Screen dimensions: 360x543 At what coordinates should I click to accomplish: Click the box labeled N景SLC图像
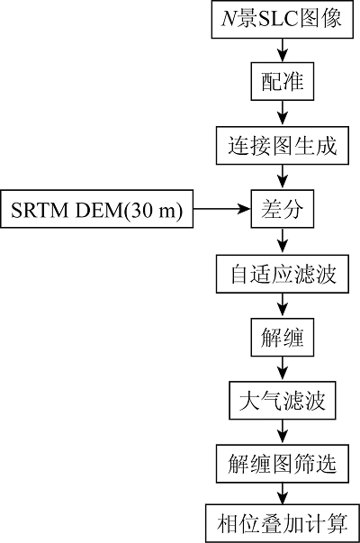coord(283,19)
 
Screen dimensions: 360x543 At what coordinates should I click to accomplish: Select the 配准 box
coord(283,82)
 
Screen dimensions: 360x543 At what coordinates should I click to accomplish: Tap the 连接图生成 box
coord(283,146)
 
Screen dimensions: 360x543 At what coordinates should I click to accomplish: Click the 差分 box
coord(283,209)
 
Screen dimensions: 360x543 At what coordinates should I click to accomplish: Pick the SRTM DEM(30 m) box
coord(97,209)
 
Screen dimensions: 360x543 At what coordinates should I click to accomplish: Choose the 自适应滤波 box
coord(283,274)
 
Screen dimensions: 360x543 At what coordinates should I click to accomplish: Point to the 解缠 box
coord(283,338)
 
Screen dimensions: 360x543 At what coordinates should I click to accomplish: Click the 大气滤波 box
coord(283,401)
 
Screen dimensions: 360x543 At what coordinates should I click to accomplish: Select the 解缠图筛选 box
coord(283,464)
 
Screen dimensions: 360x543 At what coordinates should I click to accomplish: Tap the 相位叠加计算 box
coord(283,524)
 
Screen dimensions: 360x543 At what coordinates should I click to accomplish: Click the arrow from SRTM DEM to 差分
coord(222,209)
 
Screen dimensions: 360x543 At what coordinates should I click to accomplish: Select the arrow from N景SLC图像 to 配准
coord(283,50)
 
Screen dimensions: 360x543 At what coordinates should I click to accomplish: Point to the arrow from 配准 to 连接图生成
coord(283,113)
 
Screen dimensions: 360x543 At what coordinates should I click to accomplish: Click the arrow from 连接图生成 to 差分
coord(283,177)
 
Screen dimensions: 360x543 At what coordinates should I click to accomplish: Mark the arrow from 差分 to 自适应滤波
coord(283,241)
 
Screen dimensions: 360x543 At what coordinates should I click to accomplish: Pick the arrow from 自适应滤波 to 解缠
coord(283,306)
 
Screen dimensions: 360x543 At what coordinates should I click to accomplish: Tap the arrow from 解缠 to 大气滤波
coord(283,369)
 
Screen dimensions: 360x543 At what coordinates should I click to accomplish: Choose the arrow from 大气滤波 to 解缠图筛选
coord(283,432)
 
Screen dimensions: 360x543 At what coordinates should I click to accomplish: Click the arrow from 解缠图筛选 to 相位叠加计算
coord(283,493)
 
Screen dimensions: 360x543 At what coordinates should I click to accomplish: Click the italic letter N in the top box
coord(229,19)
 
